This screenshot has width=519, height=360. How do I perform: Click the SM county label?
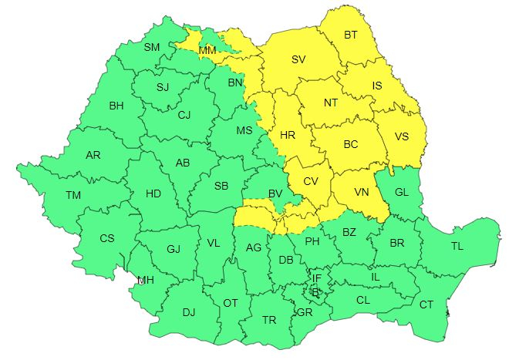pyautogui.click(x=152, y=47)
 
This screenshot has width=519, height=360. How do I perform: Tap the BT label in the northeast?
pyautogui.click(x=351, y=35)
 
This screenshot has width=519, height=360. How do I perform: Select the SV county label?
pyautogui.click(x=298, y=59)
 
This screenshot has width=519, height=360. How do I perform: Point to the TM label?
pyautogui.click(x=73, y=196)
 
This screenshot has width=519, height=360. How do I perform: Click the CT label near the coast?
pyautogui.click(x=426, y=304)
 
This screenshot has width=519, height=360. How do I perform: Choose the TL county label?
pyautogui.click(x=457, y=247)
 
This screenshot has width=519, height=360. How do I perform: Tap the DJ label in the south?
pyautogui.click(x=189, y=312)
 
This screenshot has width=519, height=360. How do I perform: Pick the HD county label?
pyautogui.click(x=153, y=194)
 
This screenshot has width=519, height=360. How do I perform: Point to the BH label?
pyautogui.click(x=116, y=106)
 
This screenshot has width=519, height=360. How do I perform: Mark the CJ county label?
pyautogui.click(x=184, y=116)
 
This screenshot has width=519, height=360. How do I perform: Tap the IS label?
pyautogui.click(x=377, y=86)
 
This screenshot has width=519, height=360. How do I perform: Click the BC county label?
pyautogui.click(x=351, y=144)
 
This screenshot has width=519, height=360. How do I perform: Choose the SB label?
pyautogui.click(x=221, y=186)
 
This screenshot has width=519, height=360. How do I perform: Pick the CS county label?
pyautogui.click(x=107, y=238)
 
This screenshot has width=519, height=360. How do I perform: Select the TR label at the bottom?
pyautogui.click(x=269, y=319)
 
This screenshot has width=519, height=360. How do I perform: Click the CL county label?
pyautogui.click(x=363, y=299)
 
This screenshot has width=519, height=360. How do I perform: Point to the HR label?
pyautogui.click(x=288, y=135)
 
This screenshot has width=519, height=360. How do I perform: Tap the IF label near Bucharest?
pyautogui.click(x=316, y=278)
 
